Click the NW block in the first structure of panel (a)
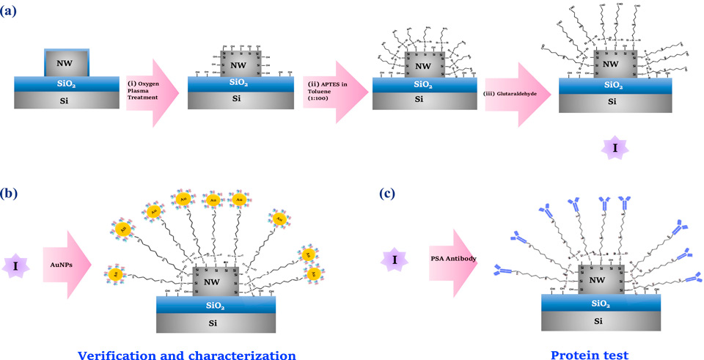[66, 63]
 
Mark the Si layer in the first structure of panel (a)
[67, 99]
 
